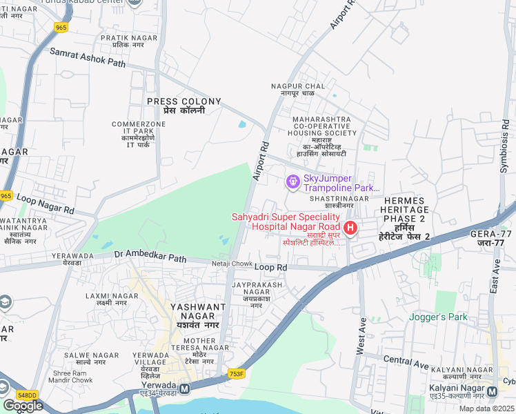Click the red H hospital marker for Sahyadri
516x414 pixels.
coord(350,227)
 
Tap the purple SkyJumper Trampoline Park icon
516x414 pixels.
coord(292,181)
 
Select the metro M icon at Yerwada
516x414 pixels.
coord(184,388)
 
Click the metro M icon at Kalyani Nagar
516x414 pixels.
coord(492,391)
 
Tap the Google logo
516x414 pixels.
coord(23,406)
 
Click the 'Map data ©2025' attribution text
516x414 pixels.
coord(486,408)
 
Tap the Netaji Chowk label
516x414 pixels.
coord(232,264)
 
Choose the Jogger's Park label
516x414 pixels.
coord(438,317)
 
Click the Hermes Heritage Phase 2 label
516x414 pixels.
coord(406,217)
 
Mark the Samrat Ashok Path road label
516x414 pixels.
coord(88,57)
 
